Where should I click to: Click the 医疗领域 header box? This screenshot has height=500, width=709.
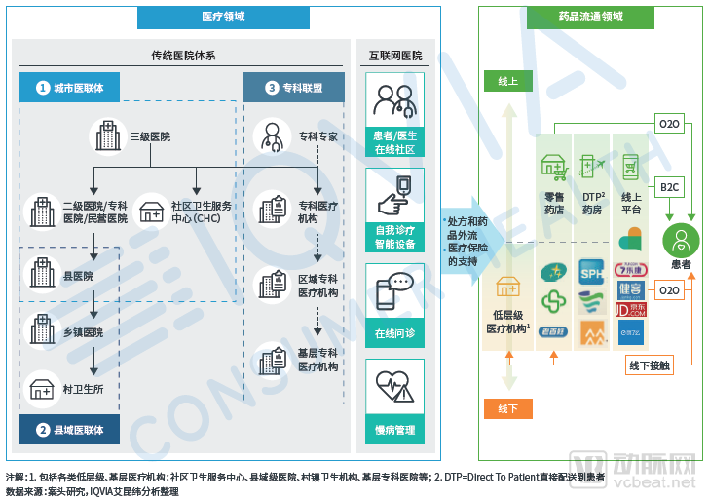click(224, 17)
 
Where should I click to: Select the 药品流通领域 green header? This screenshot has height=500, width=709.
click(590, 17)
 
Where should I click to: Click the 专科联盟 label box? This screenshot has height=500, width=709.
click(293, 88)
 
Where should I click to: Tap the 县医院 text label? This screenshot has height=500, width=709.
click(78, 277)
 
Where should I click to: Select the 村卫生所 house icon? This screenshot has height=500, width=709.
click(42, 389)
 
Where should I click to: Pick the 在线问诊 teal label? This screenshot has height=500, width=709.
click(394, 332)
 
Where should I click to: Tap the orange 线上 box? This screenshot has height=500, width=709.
click(507, 81)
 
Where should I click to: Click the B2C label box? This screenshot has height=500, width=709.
click(669, 187)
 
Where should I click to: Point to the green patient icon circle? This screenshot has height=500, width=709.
click(681, 239)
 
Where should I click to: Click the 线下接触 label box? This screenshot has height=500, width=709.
click(650, 365)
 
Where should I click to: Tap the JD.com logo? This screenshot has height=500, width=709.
click(630, 310)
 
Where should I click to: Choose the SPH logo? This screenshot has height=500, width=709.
click(592, 270)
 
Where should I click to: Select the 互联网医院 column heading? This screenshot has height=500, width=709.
click(395, 56)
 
